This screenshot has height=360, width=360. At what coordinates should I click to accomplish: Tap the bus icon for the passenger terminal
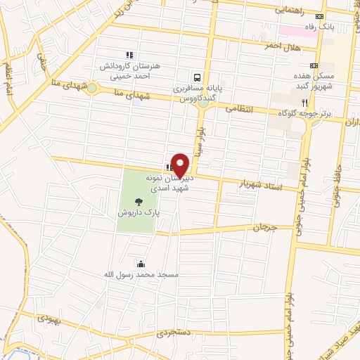(x=198, y=77)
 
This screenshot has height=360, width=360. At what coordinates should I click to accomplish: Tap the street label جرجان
(x=261, y=229)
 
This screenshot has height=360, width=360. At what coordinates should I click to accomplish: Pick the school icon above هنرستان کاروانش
(x=129, y=55)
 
